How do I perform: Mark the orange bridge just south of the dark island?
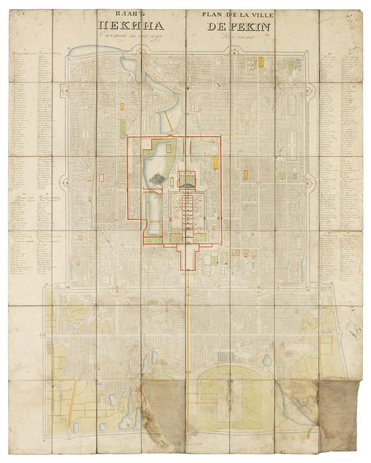pos(155,190)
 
